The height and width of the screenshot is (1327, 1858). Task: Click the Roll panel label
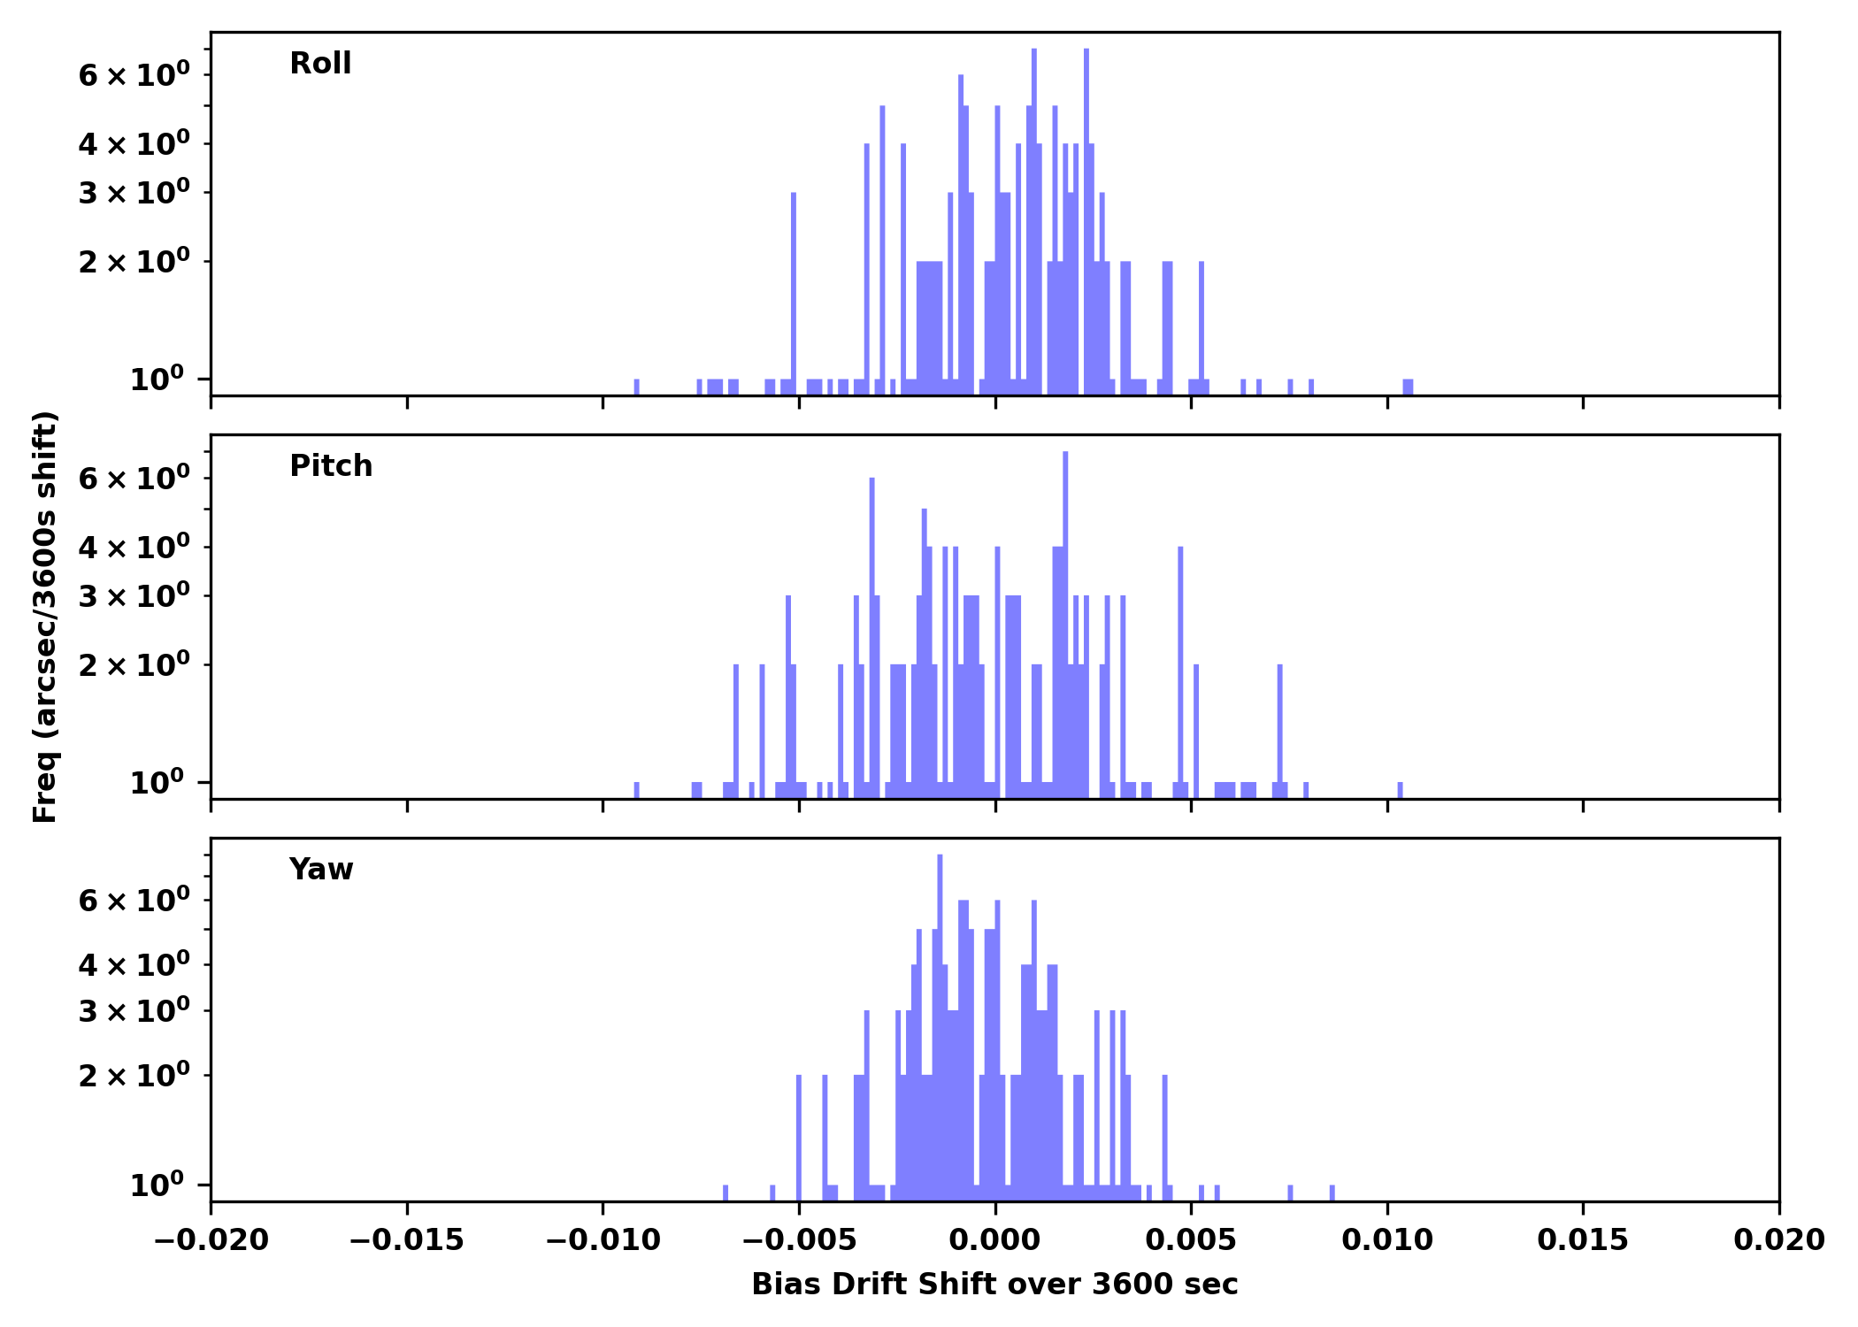point(320,64)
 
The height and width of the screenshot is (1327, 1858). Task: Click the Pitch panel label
point(331,466)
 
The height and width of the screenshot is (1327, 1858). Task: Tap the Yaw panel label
point(320,870)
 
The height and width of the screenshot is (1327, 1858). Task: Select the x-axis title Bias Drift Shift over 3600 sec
point(994,1285)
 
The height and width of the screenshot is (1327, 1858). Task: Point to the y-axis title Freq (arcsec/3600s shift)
point(45,617)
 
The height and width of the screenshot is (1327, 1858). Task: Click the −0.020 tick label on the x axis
point(211,1240)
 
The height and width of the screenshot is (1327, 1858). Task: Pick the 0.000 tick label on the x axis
point(994,1240)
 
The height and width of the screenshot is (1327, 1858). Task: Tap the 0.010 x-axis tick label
point(1387,1240)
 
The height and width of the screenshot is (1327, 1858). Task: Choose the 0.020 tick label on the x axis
point(1778,1240)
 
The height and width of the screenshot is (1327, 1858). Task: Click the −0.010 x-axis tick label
point(603,1240)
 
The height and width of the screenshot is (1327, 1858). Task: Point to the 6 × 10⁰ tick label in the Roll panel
point(134,74)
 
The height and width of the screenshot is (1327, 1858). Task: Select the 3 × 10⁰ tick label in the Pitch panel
point(134,595)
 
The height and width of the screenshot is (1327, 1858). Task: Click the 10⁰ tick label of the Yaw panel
point(157,1185)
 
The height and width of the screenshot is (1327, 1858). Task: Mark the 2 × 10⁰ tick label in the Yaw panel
point(134,1075)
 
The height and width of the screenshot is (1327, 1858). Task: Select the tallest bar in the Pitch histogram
point(1065,619)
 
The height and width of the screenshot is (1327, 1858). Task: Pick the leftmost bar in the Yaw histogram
point(726,1193)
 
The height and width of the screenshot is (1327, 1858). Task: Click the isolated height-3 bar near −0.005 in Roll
point(794,292)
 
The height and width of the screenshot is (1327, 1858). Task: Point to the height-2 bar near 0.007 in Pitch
point(1280,725)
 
